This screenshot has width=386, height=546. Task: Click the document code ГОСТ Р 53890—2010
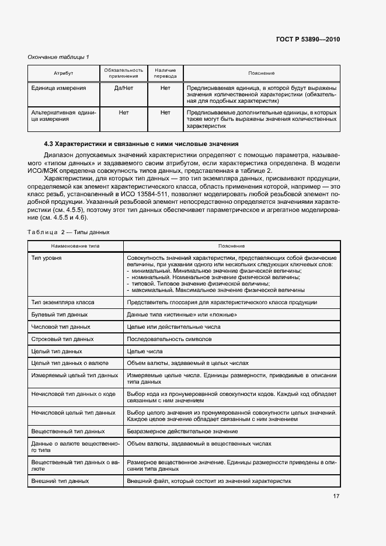[307, 40]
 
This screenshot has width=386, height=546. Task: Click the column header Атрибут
[64, 73]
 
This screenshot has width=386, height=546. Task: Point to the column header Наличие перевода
[165, 73]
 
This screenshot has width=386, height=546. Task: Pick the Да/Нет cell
[124, 88]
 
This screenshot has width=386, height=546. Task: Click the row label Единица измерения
[58, 88]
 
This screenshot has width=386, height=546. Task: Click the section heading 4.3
[141, 144]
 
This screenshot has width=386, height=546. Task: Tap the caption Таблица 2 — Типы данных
[68, 232]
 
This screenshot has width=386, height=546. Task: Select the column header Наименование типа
[75, 246]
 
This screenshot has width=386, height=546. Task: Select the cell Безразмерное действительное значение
[182, 431]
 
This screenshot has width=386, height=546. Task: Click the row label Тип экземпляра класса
[62, 302]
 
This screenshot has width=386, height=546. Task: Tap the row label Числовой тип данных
[60, 326]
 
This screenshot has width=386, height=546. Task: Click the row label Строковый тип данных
[62, 339]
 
